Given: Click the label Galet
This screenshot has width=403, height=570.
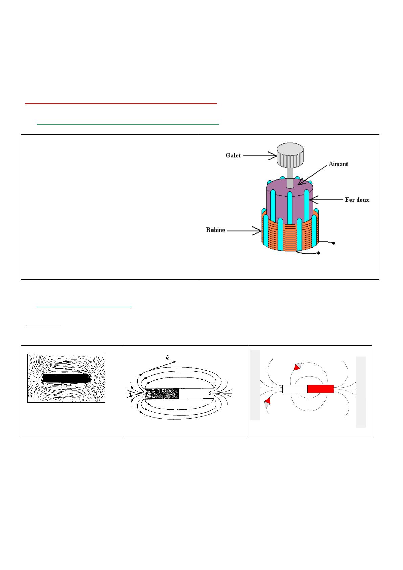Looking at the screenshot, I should click(x=233, y=155).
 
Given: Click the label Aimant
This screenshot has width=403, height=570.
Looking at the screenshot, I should click(x=338, y=164).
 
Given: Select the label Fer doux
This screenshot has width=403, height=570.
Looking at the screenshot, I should click(x=357, y=200).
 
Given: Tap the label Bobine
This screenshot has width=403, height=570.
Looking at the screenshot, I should click(x=216, y=230).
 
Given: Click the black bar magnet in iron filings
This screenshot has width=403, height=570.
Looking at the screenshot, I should click(x=66, y=378).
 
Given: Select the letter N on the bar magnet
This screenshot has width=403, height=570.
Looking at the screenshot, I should click(x=148, y=394).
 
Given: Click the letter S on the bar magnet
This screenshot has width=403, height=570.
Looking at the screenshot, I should click(x=210, y=393).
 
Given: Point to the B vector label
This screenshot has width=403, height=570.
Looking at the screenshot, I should click(x=166, y=358).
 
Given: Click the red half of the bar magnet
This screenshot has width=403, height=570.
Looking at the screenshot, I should click(x=320, y=389).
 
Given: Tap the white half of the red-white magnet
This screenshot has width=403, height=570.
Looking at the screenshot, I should click(x=295, y=389).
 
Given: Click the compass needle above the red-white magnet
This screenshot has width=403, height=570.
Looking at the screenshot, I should click(x=297, y=367).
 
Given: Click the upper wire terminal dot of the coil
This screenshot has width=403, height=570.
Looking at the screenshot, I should click(x=334, y=243).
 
